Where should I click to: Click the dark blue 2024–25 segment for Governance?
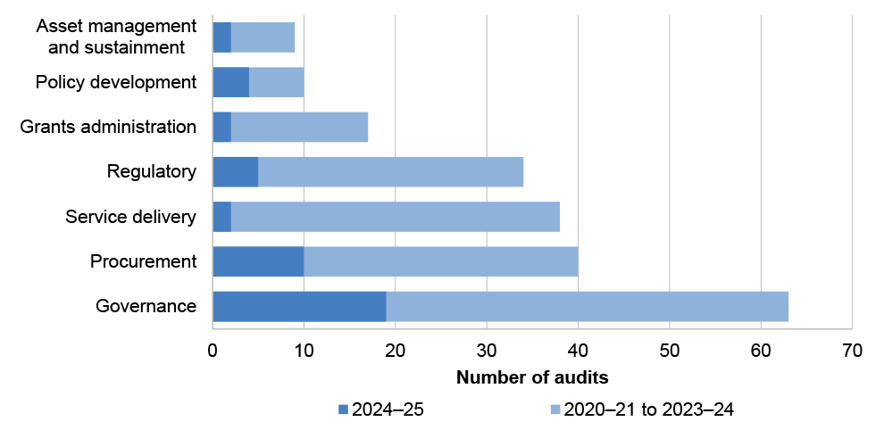(299, 306)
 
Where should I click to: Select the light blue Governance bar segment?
(587, 306)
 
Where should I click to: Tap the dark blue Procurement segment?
(258, 261)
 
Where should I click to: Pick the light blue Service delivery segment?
(395, 217)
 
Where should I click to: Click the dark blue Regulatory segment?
(235, 171)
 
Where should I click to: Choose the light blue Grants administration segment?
(299, 127)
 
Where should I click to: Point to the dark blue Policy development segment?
(230, 82)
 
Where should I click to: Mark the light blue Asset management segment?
(263, 37)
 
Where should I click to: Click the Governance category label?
(146, 306)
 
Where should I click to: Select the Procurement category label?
(143, 261)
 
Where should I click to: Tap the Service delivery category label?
(131, 217)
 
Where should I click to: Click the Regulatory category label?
(151, 171)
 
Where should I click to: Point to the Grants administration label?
(108, 127)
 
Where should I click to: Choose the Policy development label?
(115, 82)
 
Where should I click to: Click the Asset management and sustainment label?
(115, 37)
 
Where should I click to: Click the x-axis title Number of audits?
(532, 376)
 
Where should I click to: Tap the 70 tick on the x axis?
(852, 351)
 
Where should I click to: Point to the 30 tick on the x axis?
(487, 351)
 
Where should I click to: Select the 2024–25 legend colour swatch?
(343, 409)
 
